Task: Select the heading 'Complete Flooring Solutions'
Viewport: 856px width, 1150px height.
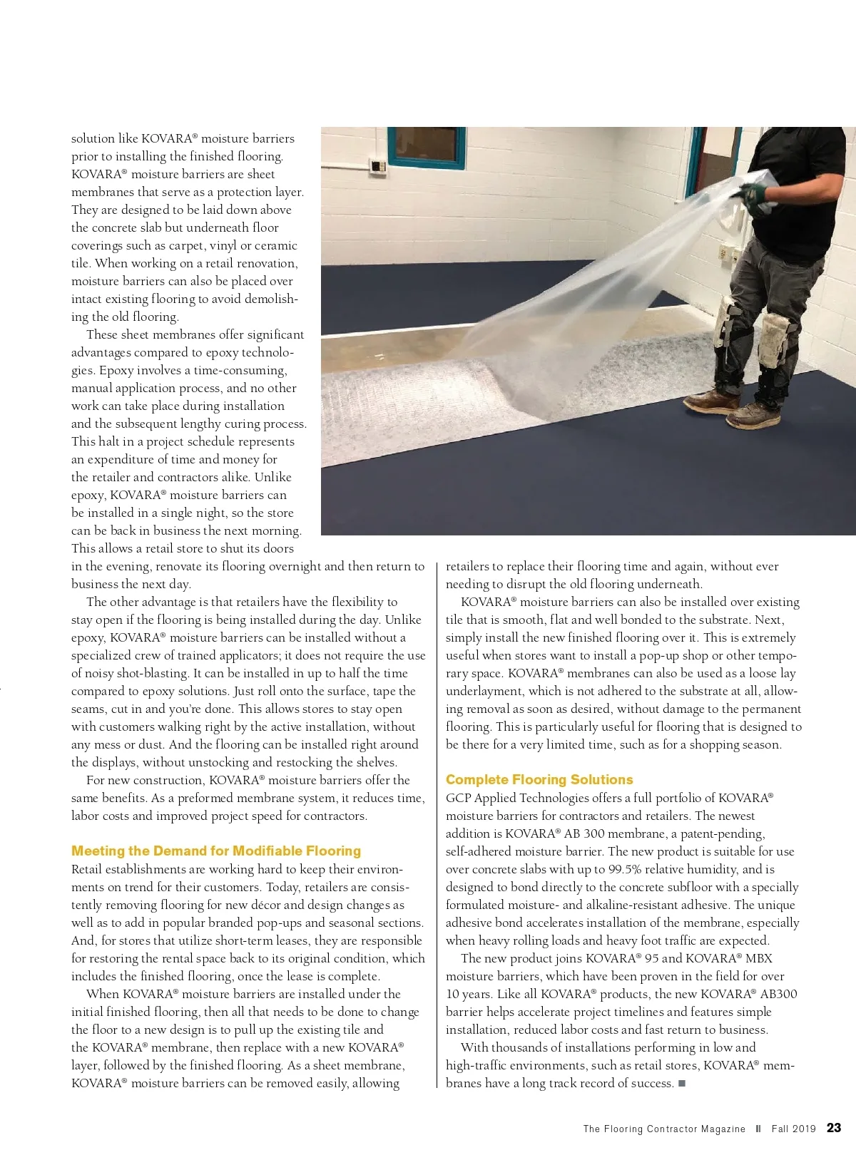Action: coord(539,780)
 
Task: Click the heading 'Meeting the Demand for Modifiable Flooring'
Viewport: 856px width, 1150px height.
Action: coord(216,851)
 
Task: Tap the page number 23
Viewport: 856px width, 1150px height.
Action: coord(833,1128)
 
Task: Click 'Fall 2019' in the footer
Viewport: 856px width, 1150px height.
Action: coord(793,1129)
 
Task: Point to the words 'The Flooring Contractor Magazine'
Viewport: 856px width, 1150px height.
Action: coord(664,1129)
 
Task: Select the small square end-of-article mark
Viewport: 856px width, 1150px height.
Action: coord(682,1084)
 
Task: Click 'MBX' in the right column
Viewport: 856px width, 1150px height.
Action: coord(759,958)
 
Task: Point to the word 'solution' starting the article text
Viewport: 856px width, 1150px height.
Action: coord(93,138)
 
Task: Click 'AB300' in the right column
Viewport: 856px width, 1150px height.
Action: coord(779,994)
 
